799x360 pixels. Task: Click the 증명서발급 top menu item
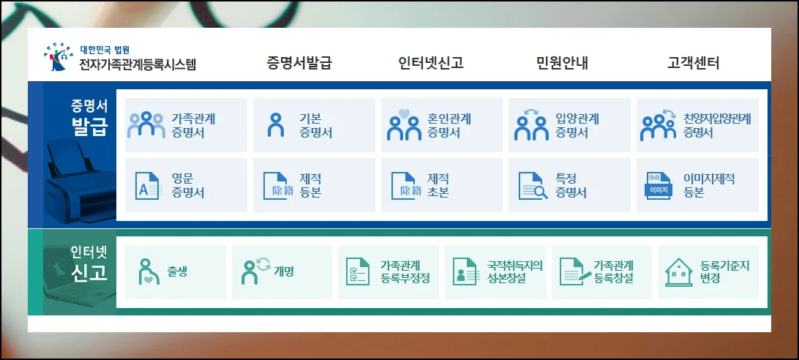(x=299, y=63)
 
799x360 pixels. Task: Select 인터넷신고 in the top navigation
(x=431, y=63)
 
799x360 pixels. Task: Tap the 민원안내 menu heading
(x=563, y=63)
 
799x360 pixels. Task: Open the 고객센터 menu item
(x=694, y=63)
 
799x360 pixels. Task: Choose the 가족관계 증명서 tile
(x=186, y=125)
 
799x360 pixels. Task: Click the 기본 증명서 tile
(x=314, y=125)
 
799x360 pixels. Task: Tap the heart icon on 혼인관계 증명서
(x=404, y=113)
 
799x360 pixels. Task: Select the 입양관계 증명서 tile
(x=569, y=125)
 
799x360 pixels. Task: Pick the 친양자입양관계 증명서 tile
(x=697, y=125)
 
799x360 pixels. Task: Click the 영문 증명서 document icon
(x=147, y=186)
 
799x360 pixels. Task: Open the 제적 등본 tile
(x=314, y=185)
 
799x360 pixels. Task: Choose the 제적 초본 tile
(x=442, y=185)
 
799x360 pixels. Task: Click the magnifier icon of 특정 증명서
(x=540, y=192)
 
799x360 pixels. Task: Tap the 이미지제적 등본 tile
(x=697, y=185)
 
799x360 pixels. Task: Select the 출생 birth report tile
(x=176, y=271)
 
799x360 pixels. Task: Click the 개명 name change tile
(x=282, y=271)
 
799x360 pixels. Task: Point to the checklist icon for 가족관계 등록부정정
(x=358, y=271)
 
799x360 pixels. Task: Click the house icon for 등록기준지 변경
(x=679, y=272)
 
